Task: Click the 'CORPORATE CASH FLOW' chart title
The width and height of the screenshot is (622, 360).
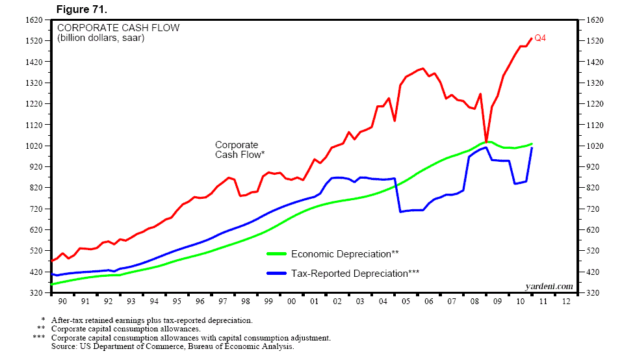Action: click(118, 28)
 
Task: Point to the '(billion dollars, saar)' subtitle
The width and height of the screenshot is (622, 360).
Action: click(101, 38)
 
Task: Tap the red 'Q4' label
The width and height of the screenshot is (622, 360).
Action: click(539, 38)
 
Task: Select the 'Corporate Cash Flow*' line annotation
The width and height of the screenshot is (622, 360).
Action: click(239, 149)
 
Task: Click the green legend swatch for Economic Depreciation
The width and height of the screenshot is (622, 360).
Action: click(276, 253)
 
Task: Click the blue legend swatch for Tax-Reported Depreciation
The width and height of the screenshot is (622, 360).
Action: click(276, 274)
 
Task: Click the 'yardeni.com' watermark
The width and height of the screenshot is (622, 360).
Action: click(549, 286)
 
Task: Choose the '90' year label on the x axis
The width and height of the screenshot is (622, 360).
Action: click(62, 302)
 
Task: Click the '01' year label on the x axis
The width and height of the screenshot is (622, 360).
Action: click(314, 302)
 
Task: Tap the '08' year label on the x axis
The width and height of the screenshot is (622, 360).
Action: click(474, 302)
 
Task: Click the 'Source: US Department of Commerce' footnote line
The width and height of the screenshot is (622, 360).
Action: click(172, 347)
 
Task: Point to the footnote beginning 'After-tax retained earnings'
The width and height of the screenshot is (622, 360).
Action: click(150, 320)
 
